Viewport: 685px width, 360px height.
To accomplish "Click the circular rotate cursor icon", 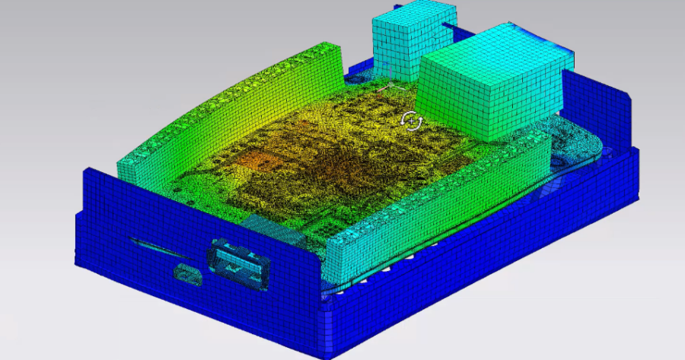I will pyautogui.click(x=411, y=120).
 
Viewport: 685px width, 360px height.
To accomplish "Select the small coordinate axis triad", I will pyautogui.click(x=393, y=78).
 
